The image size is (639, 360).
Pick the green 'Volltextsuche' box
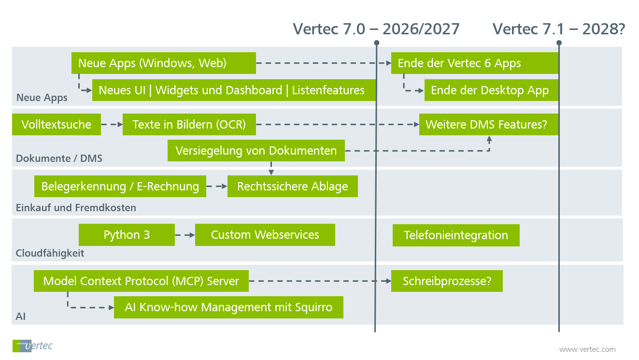point(56,125)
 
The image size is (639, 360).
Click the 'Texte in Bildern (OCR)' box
point(189,125)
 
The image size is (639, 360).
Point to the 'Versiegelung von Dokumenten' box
point(256,150)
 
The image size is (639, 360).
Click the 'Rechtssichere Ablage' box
point(292,187)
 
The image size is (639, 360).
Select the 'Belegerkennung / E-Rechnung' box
point(120,187)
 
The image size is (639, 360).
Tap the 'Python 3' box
point(127,235)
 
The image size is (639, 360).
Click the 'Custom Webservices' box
point(265,235)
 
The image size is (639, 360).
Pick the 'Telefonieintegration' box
point(456,235)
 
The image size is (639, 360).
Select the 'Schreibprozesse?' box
point(447,281)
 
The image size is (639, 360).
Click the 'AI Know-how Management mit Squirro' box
point(228,307)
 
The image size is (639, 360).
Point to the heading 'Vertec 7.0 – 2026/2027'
point(376,29)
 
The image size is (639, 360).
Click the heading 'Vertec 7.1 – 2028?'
point(559,29)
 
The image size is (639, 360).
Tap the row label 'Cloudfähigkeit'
point(50,253)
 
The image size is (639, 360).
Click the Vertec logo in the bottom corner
point(32,346)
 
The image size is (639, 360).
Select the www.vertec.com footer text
point(587,349)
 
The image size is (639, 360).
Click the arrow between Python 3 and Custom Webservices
point(185,235)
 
